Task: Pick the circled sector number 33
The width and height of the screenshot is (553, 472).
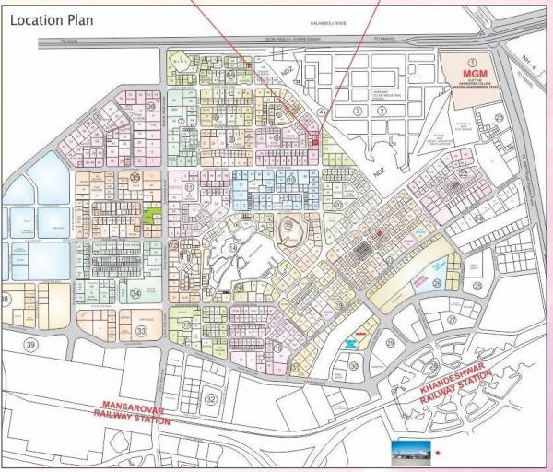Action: click(141, 330)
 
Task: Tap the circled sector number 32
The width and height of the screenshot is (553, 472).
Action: click(211, 398)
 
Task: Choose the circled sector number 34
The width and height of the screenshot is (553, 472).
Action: click(135, 294)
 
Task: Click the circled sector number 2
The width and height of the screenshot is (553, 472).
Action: click(379, 111)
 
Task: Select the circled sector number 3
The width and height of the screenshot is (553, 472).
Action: click(356, 111)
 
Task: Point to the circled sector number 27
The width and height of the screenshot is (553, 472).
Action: click(452, 319)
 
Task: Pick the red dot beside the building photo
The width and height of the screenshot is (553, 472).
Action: click(438, 453)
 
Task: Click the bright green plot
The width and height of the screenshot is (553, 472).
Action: click(152, 216)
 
